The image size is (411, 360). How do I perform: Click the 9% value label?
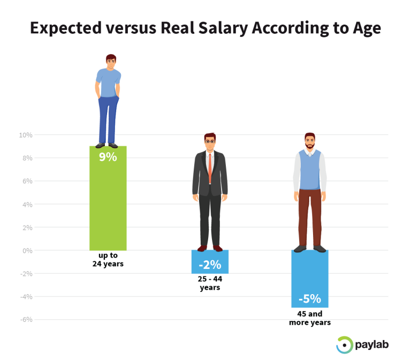108,157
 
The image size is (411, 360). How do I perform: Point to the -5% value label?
310,298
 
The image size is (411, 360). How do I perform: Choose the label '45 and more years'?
310,318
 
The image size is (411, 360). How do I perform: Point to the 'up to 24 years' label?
108,259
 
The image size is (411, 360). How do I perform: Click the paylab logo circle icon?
344,345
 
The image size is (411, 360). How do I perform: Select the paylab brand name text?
372,345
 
